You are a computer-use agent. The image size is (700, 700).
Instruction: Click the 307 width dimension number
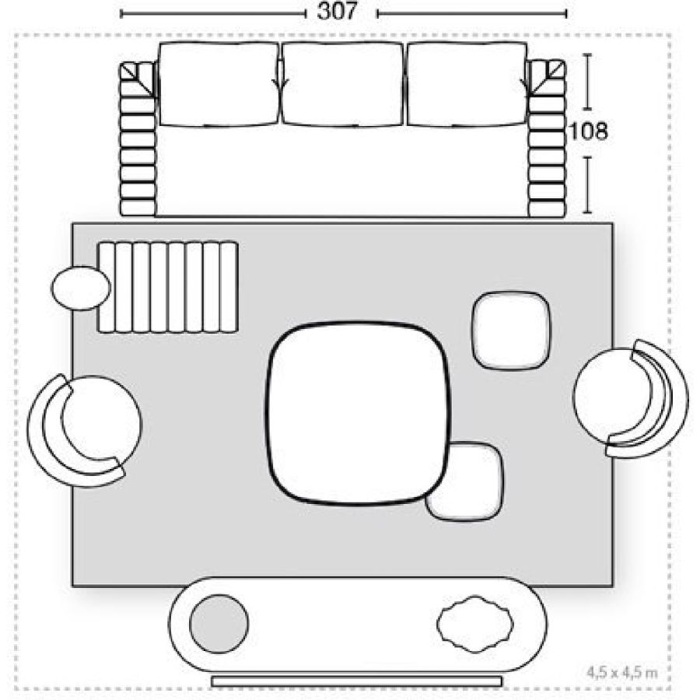tap(337, 11)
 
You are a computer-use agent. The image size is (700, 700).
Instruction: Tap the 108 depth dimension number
tap(589, 131)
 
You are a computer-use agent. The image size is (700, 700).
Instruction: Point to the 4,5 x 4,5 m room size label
tap(622, 672)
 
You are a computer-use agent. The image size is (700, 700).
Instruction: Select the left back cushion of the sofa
tap(219, 83)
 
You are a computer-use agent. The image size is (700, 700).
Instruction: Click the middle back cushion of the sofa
tap(343, 83)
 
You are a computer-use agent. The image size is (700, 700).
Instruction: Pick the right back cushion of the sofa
tap(467, 83)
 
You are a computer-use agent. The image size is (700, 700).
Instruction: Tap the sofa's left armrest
tap(138, 138)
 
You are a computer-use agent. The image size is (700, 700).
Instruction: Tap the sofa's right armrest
tap(546, 138)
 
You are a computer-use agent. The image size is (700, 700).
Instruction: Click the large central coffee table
tap(357, 413)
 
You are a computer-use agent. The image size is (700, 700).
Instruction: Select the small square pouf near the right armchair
tap(511, 331)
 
